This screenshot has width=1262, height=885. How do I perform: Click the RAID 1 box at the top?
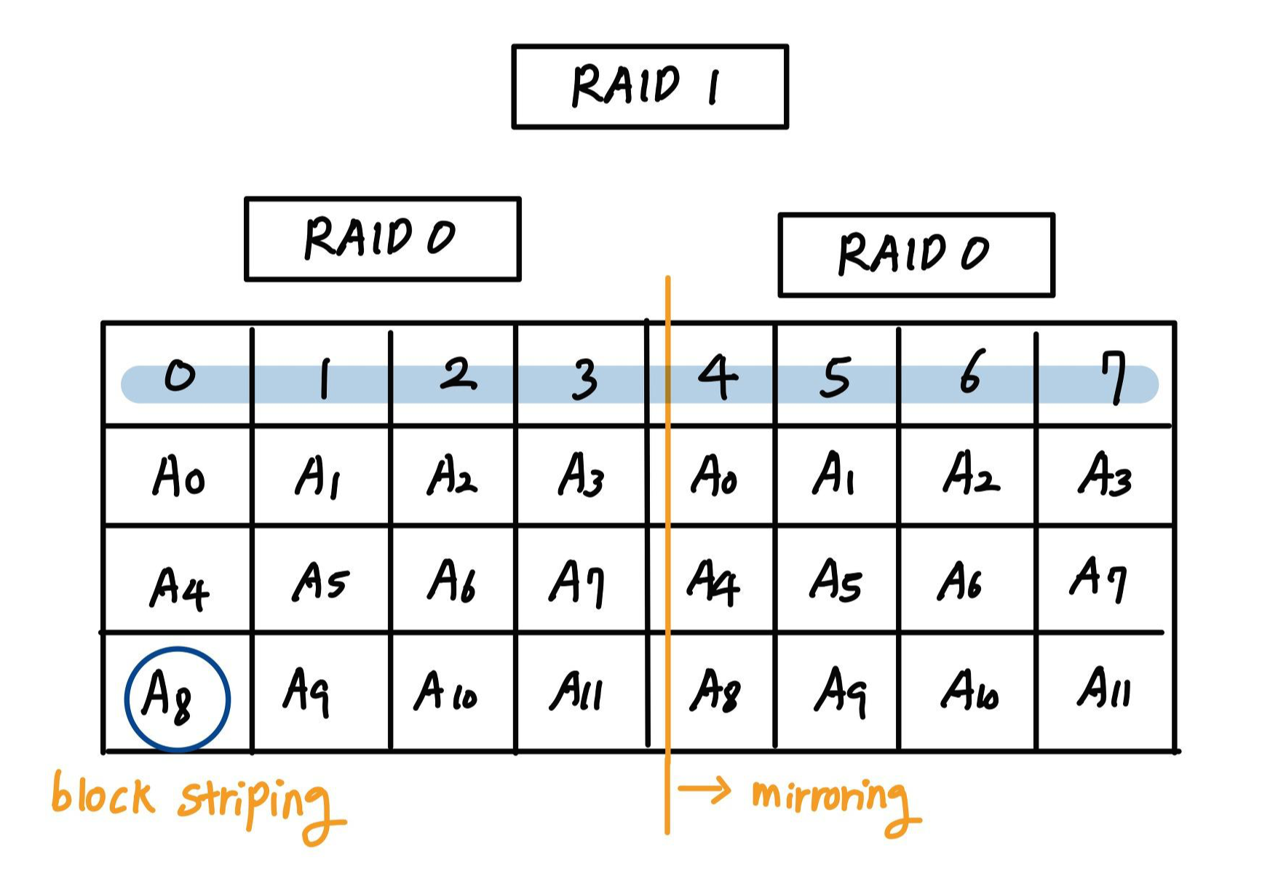pyautogui.click(x=650, y=87)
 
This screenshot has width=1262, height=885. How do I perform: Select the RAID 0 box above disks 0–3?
pyautogui.click(x=383, y=239)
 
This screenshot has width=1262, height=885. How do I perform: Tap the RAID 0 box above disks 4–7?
pyautogui.click(x=916, y=255)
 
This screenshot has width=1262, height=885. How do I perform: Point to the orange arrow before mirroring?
pyautogui.click(x=704, y=790)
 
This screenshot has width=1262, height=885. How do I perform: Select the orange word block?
pyautogui.click(x=103, y=795)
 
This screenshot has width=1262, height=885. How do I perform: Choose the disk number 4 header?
pyautogui.click(x=717, y=376)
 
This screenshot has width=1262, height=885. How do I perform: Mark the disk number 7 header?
pyautogui.click(x=1113, y=376)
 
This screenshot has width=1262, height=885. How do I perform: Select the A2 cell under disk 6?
pyautogui.click(x=970, y=474)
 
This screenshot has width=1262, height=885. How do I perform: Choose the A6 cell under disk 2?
pyautogui.click(x=451, y=581)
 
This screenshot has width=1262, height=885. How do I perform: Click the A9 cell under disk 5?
pyautogui.click(x=840, y=690)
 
